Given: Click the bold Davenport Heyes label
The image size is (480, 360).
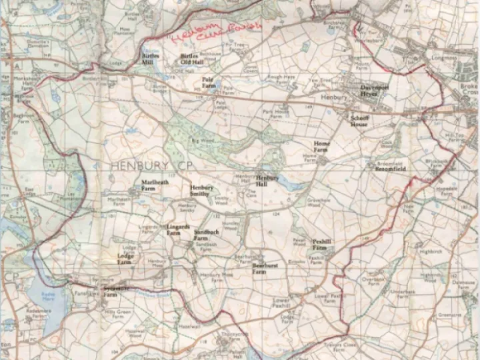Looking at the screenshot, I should [369, 90].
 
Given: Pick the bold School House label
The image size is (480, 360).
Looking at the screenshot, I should [359, 121].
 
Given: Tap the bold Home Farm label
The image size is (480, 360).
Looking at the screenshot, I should [322, 147].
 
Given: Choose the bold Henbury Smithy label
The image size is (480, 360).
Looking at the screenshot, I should [202, 191].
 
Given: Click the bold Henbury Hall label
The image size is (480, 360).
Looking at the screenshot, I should [267, 181].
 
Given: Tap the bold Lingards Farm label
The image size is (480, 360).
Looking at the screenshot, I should [173, 230].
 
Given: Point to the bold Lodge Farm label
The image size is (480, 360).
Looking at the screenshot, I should [125, 259].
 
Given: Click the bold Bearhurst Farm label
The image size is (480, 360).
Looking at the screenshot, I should [265, 269].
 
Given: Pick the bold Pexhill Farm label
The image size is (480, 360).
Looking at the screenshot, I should [323, 245].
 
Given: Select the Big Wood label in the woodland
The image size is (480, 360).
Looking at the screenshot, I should [199, 141].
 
